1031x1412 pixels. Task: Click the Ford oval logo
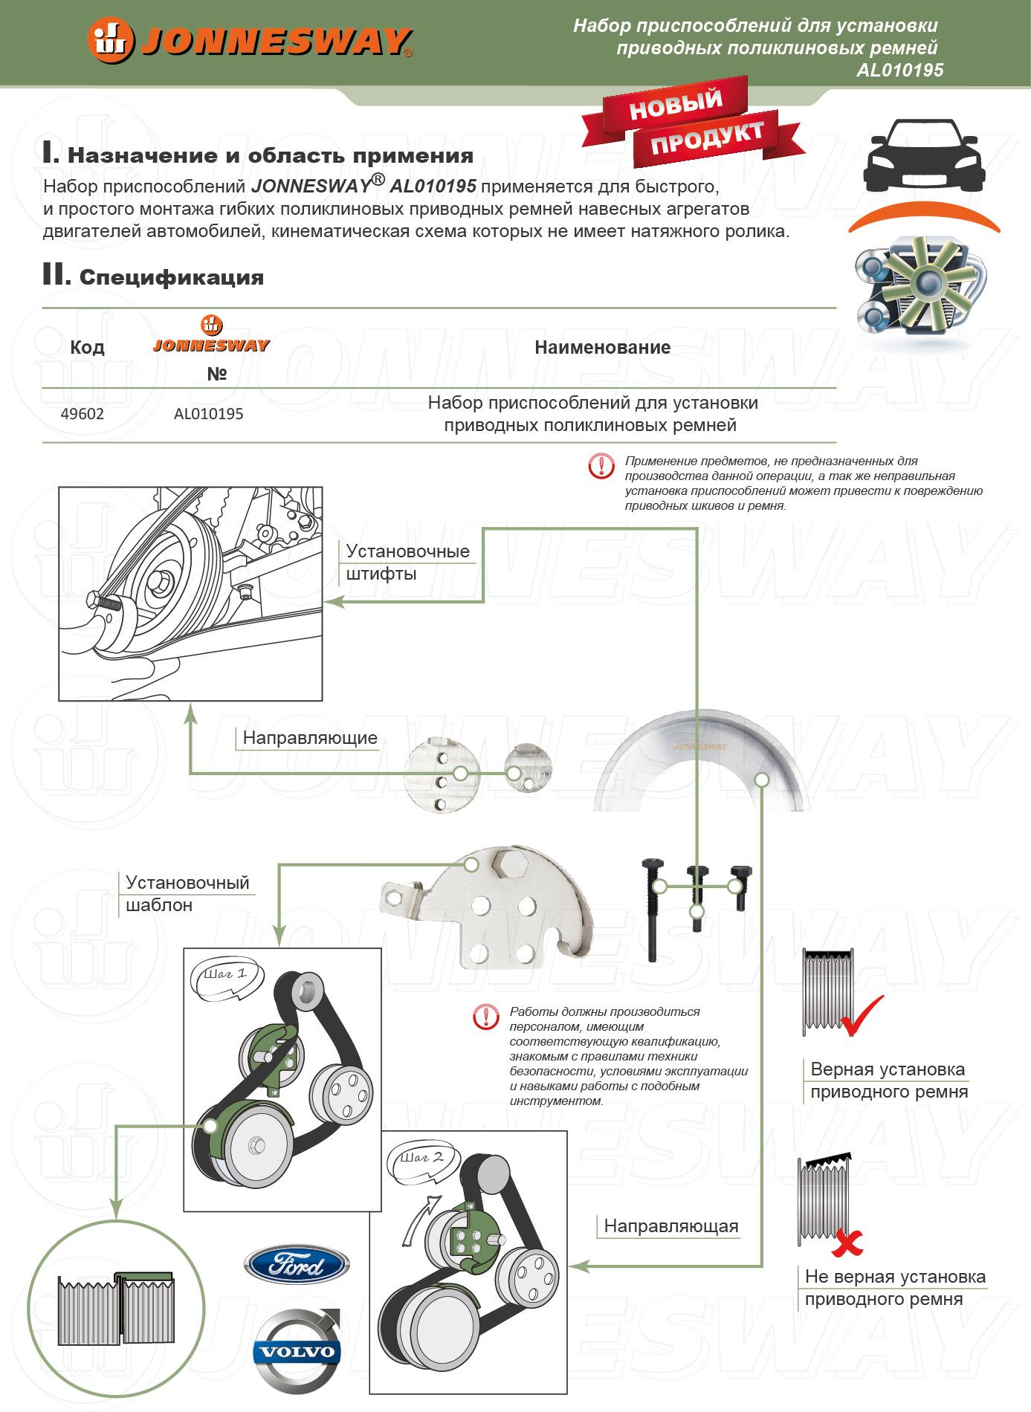[297, 1264]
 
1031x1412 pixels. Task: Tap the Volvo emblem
[297, 1351]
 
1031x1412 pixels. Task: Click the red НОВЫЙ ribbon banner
[675, 104]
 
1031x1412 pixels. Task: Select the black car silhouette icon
[923, 155]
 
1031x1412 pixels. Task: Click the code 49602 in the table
[82, 414]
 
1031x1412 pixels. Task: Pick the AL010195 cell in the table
[208, 414]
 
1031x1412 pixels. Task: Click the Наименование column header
[602, 347]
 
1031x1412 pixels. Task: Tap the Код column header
[87, 347]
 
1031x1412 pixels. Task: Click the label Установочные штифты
[407, 562]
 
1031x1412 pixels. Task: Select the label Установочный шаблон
[187, 893]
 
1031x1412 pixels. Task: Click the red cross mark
[847, 1241]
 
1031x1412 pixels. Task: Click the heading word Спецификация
[171, 277]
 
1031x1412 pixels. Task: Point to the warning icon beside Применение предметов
[601, 466]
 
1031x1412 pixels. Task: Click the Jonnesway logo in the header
[249, 40]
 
